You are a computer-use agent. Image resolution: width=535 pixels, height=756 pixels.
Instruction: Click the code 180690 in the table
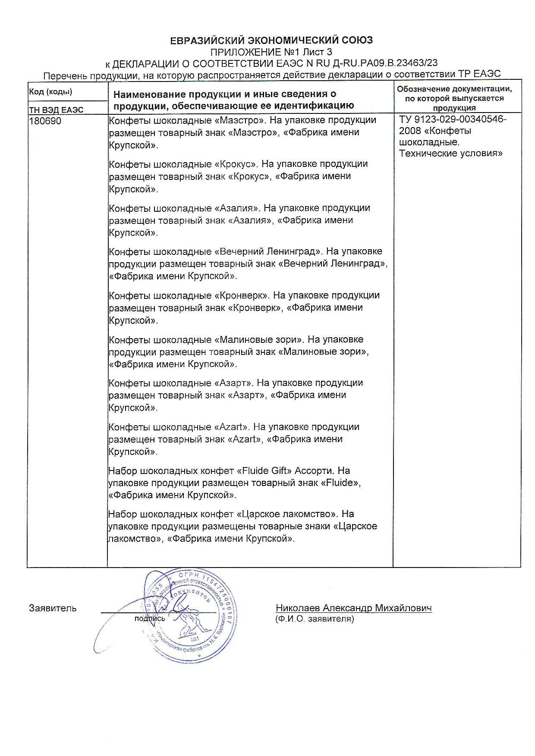pos(45,121)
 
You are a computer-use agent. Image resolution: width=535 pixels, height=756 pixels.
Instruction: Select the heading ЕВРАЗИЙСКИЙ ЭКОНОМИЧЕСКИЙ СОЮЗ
pos(271,41)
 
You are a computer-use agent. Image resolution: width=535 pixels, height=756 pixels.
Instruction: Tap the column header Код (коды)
pos(50,91)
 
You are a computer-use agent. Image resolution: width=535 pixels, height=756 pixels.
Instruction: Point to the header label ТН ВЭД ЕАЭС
pos(56,110)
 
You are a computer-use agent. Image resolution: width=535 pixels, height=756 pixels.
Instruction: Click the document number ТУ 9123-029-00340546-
pos(453,119)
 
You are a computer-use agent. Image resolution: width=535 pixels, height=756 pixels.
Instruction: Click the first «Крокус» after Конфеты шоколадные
pos(236,164)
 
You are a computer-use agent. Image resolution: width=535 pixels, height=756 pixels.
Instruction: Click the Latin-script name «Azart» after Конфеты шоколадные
pos(231,427)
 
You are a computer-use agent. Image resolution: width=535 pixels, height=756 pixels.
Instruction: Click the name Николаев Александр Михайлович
pos(354,608)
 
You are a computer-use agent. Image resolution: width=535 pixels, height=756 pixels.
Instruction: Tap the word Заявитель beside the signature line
pos(53,609)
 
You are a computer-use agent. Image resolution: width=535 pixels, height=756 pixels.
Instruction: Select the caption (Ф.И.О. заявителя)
pos(315,619)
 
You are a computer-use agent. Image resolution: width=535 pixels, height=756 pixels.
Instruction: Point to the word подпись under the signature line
pos(150,618)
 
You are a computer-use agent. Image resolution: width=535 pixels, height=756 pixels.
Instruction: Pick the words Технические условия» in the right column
pos(451,154)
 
